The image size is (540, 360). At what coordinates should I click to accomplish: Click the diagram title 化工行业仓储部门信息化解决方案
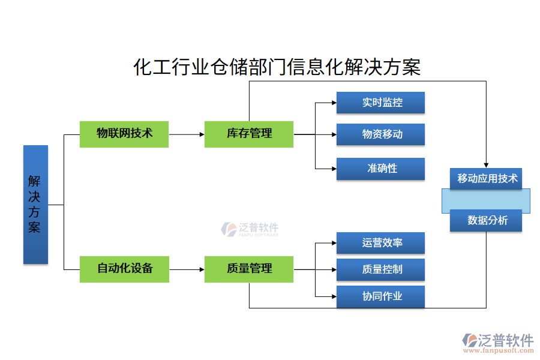[x=277, y=67]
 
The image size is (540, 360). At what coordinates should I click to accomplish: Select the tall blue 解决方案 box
[x=35, y=204]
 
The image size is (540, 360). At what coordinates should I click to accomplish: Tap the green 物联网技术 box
[x=124, y=134]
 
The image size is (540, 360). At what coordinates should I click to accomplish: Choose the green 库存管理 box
[x=249, y=134]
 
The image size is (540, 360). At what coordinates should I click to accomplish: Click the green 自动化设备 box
[x=124, y=269]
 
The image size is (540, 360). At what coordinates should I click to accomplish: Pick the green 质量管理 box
[x=249, y=269]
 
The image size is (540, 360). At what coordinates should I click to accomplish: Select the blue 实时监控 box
[x=380, y=103]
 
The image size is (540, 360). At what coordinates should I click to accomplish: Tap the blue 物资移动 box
[x=380, y=134]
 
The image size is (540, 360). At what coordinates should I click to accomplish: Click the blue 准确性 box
[x=380, y=169]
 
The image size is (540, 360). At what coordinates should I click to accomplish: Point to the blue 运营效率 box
[x=380, y=243]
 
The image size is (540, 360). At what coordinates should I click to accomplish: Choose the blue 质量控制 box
[x=380, y=269]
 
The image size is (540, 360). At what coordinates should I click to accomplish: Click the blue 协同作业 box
[x=380, y=296]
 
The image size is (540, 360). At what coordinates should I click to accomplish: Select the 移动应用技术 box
[x=486, y=178]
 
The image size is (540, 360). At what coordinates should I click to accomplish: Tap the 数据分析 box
[x=486, y=220]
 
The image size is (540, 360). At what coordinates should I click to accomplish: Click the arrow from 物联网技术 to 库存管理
[x=187, y=134]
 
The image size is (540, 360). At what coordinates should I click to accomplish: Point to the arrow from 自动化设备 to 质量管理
[x=187, y=269]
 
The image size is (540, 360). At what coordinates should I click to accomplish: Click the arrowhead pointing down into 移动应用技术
[x=486, y=164]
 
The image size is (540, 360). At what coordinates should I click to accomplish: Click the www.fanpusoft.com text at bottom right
[x=497, y=351]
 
